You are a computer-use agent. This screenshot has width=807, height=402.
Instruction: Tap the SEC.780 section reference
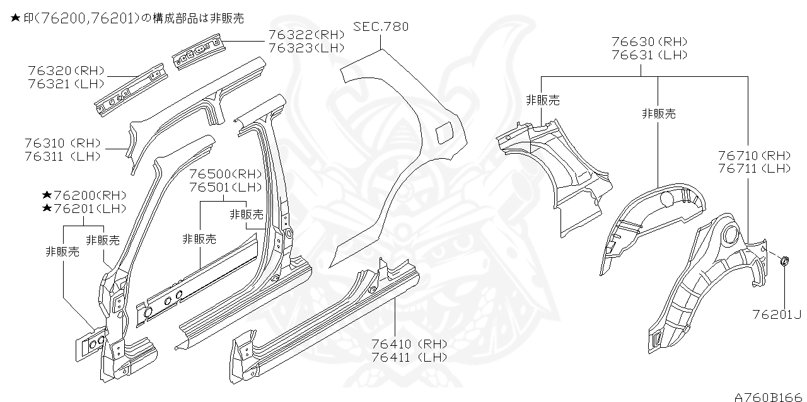[381, 26]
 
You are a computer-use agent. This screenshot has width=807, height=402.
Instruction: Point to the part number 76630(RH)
[649, 42]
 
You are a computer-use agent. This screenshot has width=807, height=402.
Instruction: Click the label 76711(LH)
[753, 168]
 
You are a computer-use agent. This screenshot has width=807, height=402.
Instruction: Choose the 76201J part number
[777, 314]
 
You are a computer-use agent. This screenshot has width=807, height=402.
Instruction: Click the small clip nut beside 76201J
[784, 261]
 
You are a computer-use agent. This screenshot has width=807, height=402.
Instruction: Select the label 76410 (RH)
[409, 344]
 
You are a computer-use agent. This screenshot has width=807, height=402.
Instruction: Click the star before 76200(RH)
[47, 195]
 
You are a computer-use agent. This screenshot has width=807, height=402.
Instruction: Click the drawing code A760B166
[769, 396]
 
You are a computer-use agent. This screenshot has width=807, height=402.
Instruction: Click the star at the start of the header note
[15, 19]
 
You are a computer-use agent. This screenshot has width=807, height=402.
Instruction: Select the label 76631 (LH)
[649, 55]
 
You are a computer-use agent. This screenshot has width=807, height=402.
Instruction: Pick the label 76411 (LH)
[409, 357]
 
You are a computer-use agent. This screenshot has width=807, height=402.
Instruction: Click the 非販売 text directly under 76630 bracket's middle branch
[658, 114]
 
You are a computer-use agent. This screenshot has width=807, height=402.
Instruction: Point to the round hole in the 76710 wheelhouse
[729, 234]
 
